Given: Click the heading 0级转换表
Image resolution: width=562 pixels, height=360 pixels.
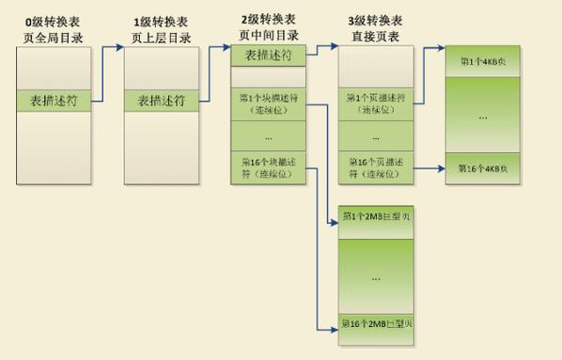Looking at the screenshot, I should (x=55, y=19).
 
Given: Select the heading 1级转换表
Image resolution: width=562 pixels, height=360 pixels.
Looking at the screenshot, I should (x=161, y=19).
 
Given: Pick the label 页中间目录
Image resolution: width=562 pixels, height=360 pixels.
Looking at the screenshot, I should (x=269, y=34).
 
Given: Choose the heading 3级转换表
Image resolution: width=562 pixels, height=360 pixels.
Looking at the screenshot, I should (x=376, y=19).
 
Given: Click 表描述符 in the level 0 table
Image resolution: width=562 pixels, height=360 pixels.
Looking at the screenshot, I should (x=55, y=99).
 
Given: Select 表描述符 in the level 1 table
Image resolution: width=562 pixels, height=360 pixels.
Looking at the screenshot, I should (x=161, y=99).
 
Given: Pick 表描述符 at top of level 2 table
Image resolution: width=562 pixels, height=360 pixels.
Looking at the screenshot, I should (x=269, y=55).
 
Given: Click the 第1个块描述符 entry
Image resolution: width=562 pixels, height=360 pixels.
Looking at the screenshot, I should (x=269, y=103).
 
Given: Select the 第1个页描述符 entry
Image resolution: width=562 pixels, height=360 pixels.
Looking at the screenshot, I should (x=376, y=103).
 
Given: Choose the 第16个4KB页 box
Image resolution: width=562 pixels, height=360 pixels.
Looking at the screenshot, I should (x=483, y=168).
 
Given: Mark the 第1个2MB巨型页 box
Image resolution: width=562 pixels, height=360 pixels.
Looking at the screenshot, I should (x=376, y=217).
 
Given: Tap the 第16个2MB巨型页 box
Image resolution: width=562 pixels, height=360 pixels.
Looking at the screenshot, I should (x=376, y=325).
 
